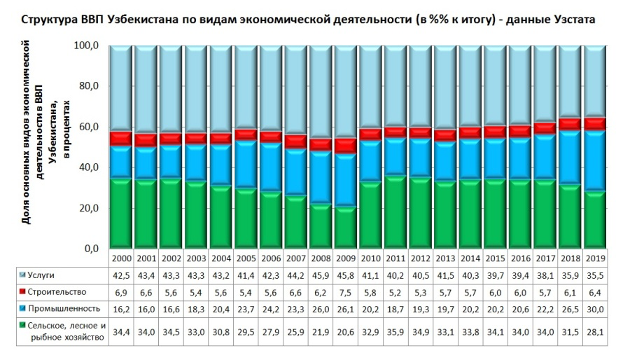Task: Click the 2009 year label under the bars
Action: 346,258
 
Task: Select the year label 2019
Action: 596,258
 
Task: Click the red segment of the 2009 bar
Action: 346,146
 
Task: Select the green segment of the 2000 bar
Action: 121,214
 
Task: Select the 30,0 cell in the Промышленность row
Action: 596,308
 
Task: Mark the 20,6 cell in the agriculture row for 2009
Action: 346,331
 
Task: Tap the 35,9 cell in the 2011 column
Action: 396,331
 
